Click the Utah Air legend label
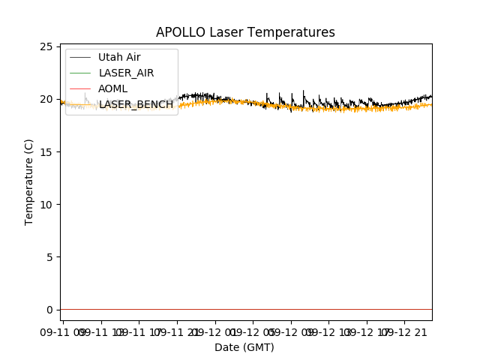(119, 57)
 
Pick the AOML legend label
(113, 88)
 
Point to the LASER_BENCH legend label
(136, 104)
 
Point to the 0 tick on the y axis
(49, 310)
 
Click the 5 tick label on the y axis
(49, 257)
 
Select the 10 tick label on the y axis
(46, 205)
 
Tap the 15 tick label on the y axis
(46, 152)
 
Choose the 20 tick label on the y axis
(46, 99)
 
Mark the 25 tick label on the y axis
(46, 46)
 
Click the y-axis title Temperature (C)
(29, 181)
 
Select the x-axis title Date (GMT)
(244, 347)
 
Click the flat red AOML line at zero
(247, 309)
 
